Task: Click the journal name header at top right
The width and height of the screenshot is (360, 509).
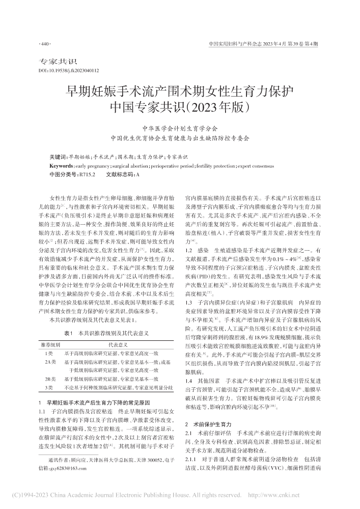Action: [x=264, y=45]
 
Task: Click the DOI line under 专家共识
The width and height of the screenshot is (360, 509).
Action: [x=69, y=70]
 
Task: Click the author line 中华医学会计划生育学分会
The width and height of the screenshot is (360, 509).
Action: [x=179, y=129]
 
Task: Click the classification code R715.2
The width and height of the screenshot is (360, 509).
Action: [x=85, y=174]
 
